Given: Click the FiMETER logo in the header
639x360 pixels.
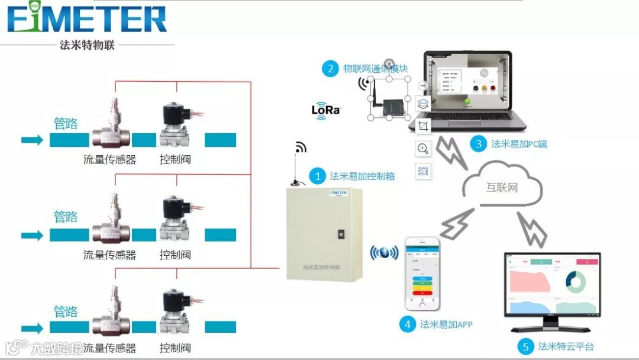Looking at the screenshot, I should [87, 18].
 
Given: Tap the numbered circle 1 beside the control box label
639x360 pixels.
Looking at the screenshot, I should [318, 176].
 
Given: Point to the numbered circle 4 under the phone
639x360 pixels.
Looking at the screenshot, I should [407, 324].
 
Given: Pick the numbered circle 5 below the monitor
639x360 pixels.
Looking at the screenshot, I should [525, 346].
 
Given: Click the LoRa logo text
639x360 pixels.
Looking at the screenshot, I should [326, 110].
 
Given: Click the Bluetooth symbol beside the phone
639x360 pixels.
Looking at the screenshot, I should [384, 253].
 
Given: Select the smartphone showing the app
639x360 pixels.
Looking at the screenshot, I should [422, 274].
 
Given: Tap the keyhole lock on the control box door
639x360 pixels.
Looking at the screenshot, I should [341, 234].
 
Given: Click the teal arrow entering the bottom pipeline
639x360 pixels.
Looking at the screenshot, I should [32, 328].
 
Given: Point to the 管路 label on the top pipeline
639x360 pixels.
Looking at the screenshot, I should [66, 123].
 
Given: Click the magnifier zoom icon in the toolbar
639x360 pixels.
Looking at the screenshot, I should [423, 149].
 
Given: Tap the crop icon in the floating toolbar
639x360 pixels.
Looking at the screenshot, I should [423, 126].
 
